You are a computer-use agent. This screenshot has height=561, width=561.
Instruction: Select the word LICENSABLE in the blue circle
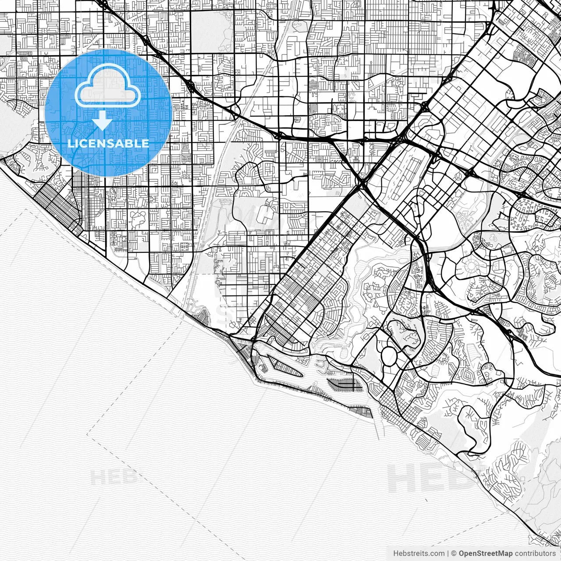click(108, 143)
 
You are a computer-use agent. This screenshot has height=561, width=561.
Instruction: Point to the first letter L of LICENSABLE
click(71, 143)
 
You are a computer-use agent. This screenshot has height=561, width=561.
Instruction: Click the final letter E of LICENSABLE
click(145, 143)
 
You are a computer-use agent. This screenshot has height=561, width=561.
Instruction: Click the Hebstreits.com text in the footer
click(419, 554)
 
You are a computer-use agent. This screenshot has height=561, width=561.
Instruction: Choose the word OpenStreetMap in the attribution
click(486, 554)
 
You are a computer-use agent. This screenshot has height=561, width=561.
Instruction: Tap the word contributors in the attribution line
click(535, 554)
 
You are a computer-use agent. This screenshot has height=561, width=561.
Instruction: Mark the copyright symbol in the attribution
click(454, 554)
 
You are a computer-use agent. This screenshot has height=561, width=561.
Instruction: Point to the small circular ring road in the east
click(472, 266)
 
